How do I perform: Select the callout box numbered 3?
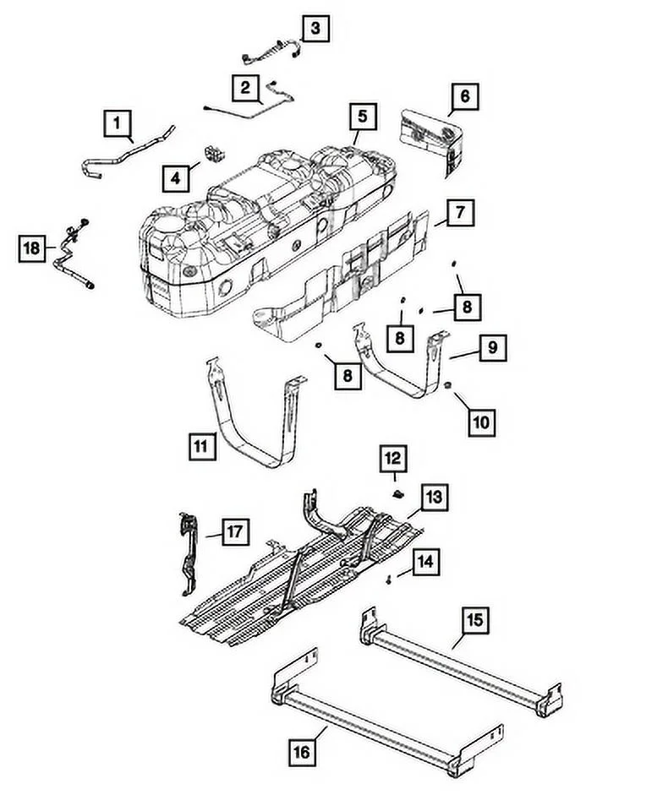coord(315,30)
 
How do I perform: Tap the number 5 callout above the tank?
coord(361,115)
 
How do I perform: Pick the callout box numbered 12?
coord(393,459)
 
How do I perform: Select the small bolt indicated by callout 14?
coord(388,580)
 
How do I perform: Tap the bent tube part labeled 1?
coord(127,152)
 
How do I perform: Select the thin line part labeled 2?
coord(254,101)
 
